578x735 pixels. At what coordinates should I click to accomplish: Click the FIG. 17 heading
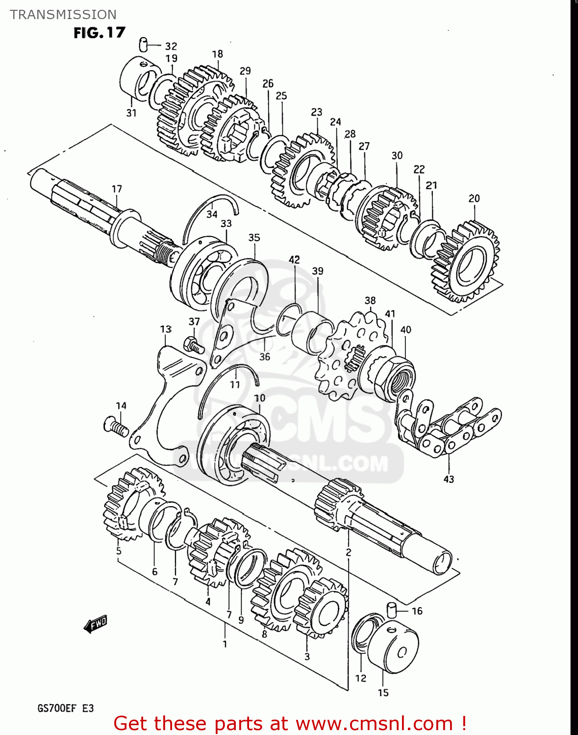click(x=100, y=33)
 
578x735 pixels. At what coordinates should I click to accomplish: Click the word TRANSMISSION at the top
click(x=63, y=15)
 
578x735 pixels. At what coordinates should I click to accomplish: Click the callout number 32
click(x=171, y=47)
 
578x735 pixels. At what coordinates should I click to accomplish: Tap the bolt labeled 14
click(x=116, y=425)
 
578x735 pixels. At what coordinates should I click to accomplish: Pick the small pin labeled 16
click(x=391, y=610)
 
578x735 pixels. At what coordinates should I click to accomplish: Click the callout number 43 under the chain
click(x=449, y=479)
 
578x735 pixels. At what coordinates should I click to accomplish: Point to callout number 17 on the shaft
click(x=117, y=189)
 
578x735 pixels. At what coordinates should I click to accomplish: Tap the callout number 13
click(x=166, y=329)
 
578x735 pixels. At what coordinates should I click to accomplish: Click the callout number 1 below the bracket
click(x=225, y=644)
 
